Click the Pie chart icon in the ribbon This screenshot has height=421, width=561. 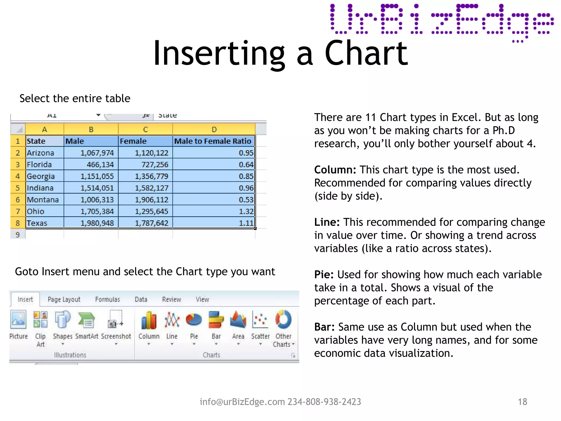tap(194, 320)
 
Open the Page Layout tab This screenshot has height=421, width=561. tap(64, 299)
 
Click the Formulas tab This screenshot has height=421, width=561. tap(107, 299)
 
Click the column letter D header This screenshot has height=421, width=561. tap(214, 129)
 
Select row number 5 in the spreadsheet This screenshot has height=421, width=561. tap(18, 188)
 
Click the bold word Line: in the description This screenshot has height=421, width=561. tap(327, 222)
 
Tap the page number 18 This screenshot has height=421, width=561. tap(522, 402)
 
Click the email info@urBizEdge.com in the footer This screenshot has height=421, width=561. tap(242, 402)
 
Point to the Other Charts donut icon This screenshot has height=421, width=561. tap(283, 319)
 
